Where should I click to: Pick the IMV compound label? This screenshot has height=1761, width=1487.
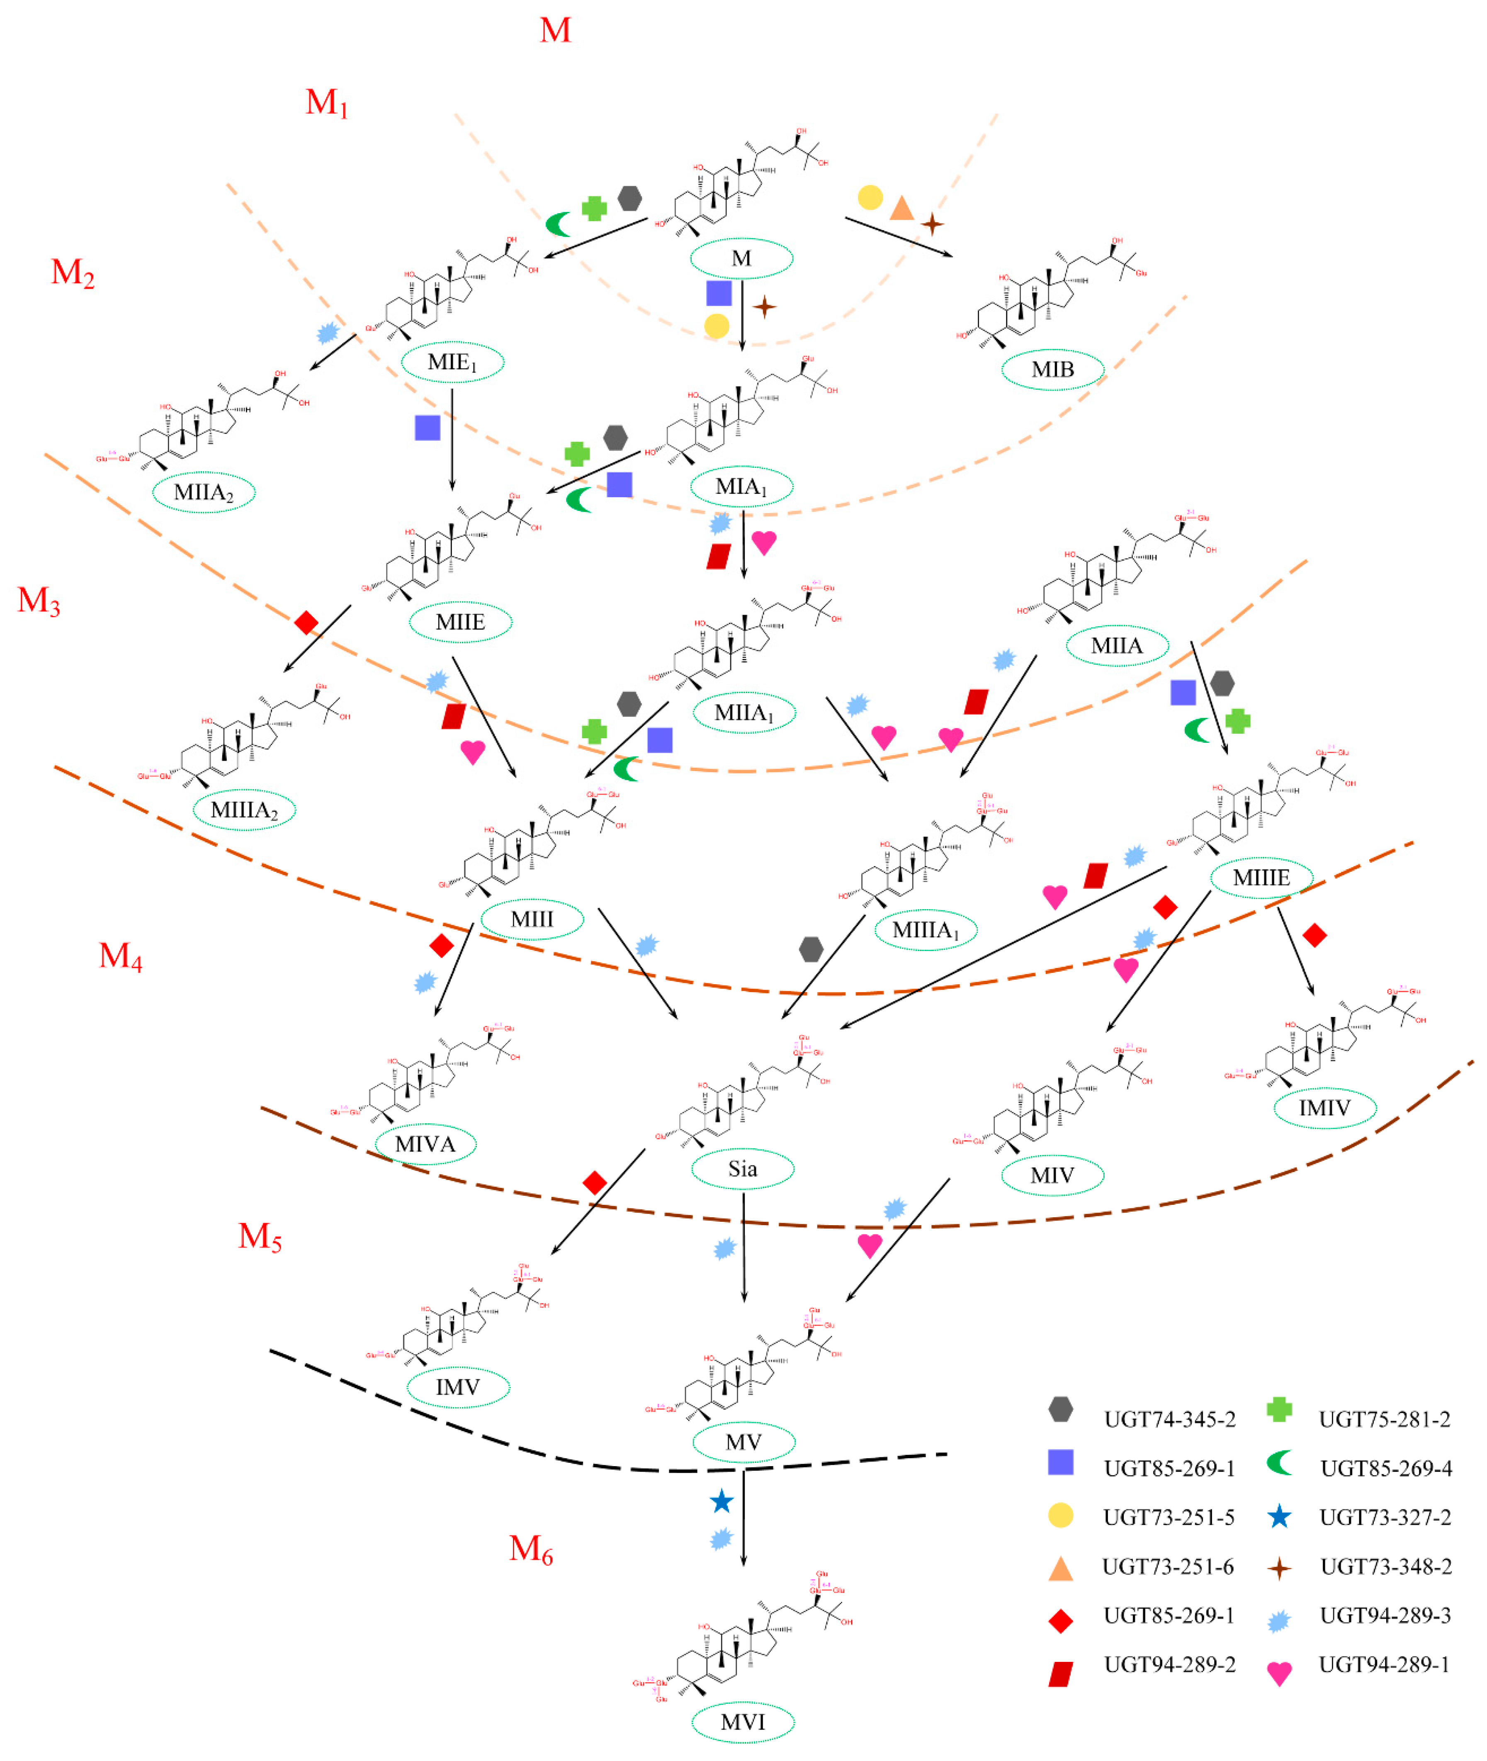tap(458, 1387)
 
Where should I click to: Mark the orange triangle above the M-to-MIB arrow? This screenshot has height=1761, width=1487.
tap(901, 207)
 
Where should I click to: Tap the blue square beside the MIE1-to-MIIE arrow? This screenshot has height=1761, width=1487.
tap(428, 428)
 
